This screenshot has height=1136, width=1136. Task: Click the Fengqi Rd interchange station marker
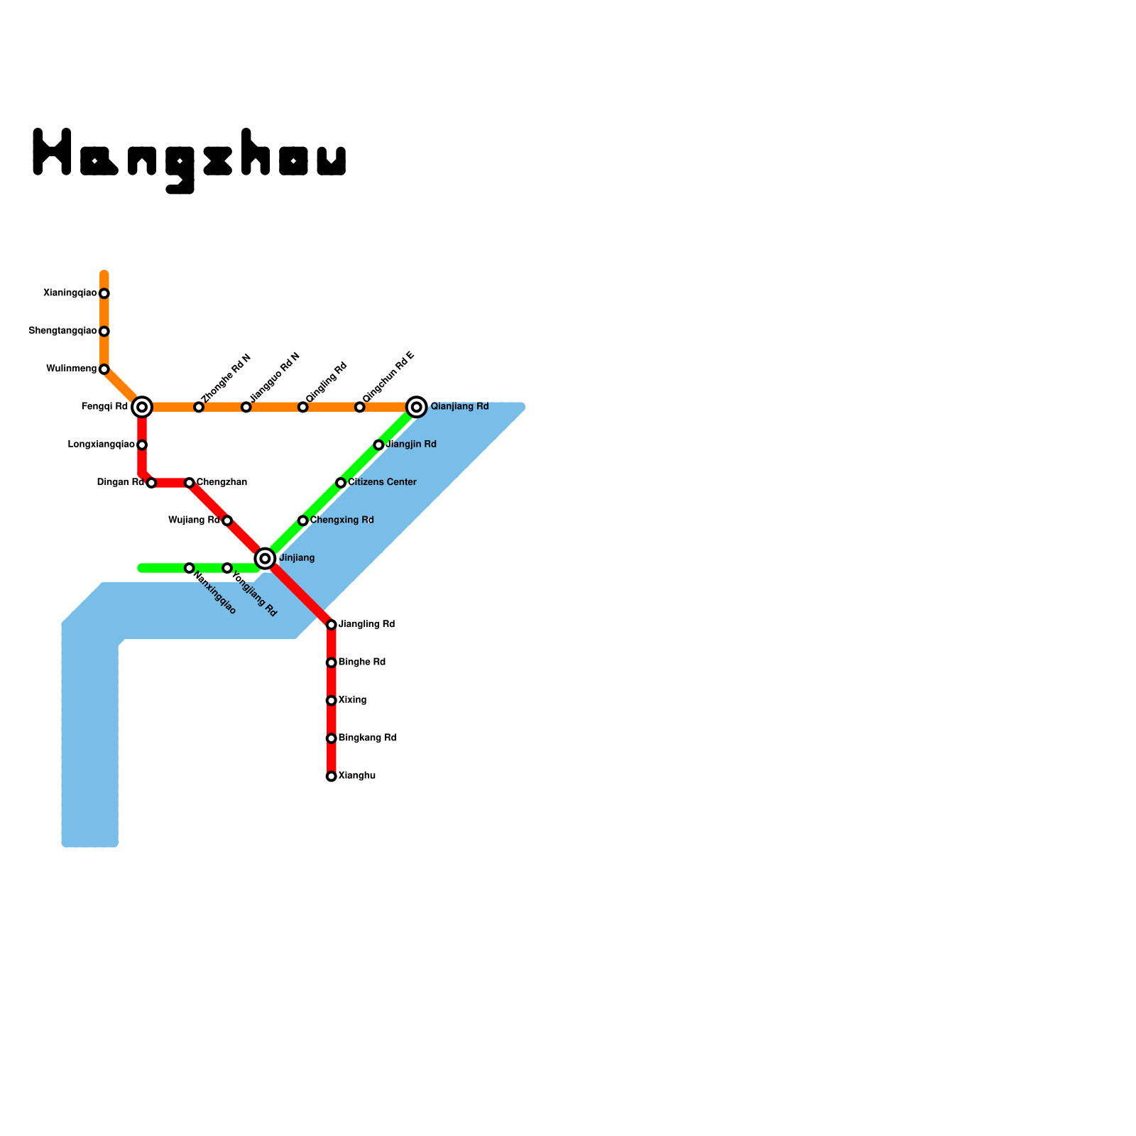click(x=142, y=407)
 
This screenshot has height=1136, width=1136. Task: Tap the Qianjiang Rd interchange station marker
click(x=417, y=407)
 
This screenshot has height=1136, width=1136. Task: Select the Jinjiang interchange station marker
click(x=265, y=559)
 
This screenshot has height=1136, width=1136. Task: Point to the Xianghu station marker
click(x=331, y=776)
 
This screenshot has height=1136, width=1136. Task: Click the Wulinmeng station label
click(x=71, y=369)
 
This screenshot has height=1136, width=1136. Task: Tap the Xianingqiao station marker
click(x=104, y=293)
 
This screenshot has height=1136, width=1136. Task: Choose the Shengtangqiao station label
click(x=62, y=331)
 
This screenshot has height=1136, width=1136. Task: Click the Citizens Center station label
click(x=382, y=483)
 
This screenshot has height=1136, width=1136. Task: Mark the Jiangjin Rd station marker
click(x=378, y=445)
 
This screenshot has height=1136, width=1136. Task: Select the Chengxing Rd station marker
click(x=302, y=520)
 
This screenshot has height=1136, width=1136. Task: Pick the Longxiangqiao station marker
click(x=142, y=445)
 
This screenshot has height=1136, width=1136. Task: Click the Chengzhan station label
click(x=222, y=483)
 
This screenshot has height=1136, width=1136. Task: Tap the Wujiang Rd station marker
click(x=227, y=520)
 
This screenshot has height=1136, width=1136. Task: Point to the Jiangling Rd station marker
click(x=331, y=625)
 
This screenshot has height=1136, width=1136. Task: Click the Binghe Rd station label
click(x=362, y=662)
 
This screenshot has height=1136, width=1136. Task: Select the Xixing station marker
click(x=331, y=701)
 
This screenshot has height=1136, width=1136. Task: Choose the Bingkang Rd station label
click(x=367, y=738)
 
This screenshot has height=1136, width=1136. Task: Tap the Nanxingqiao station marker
click(x=189, y=568)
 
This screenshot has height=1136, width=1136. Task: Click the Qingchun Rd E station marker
click(x=359, y=407)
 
